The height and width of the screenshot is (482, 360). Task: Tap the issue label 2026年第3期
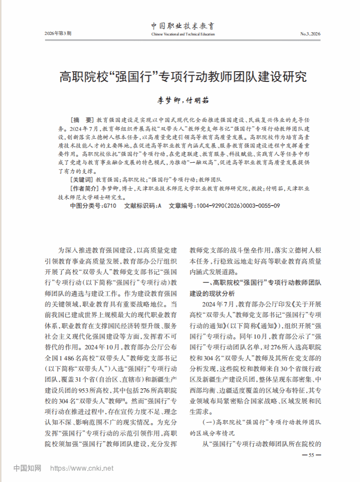coord(58,34)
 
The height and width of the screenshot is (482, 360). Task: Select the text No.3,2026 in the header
coord(310,34)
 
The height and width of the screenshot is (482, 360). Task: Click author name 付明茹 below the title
coord(197,100)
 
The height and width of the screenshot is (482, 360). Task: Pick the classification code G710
coord(109,206)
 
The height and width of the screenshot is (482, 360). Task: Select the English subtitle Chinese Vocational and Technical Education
coord(183,34)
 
